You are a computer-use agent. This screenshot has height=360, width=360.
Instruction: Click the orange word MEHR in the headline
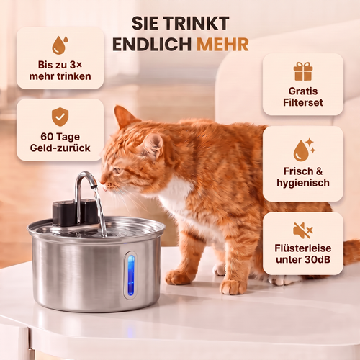pos(222,45)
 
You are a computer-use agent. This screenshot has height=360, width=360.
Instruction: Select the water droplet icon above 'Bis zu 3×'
pos(60,45)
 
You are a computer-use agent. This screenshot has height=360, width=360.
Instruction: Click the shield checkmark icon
pos(60,117)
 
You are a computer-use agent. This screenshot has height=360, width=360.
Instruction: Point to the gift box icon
pos(303,71)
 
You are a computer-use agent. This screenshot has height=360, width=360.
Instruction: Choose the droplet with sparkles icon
pos(305,149)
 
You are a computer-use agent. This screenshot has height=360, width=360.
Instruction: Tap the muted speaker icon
pos(303,230)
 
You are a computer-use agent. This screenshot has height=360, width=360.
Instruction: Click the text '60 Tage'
pos(60,137)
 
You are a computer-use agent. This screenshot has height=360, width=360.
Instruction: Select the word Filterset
pos(303,102)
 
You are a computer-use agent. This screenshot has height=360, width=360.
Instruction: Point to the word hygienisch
pos(303,183)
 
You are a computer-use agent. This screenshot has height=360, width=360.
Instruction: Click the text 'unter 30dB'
pos(303,259)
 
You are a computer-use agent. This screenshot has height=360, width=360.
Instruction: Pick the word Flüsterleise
pos(303,248)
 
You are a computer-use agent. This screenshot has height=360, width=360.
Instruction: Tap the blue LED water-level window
pos(131,275)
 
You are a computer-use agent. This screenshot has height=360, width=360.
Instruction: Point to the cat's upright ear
pos(124,117)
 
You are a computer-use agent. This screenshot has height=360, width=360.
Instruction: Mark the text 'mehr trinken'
pos(60,76)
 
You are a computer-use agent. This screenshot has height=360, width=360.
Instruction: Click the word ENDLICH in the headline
pos(152,45)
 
